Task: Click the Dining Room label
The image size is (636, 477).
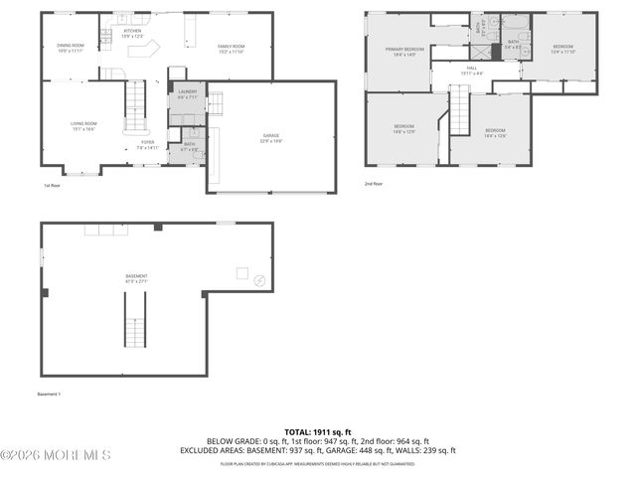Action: [70, 47]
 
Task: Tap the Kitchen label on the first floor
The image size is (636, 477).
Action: [132, 34]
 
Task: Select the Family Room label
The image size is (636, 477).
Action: [232, 48]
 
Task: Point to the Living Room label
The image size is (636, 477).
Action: [82, 126]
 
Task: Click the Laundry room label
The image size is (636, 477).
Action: [187, 95]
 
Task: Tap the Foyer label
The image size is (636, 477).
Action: [147, 145]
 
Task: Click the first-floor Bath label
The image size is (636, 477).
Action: [190, 147]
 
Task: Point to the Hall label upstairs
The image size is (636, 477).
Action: [472, 71]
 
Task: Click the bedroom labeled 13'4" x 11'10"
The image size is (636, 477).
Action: [563, 49]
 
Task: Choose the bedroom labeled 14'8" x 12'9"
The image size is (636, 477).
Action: [403, 129]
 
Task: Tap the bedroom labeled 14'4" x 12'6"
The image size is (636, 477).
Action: [495, 133]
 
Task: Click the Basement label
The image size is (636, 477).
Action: [136, 278]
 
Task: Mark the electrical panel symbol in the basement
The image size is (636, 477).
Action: [259, 281]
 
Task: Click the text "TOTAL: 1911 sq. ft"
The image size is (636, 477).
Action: [317, 432]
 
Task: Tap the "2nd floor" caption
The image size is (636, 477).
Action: [374, 184]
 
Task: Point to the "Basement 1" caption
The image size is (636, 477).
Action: [50, 395]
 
